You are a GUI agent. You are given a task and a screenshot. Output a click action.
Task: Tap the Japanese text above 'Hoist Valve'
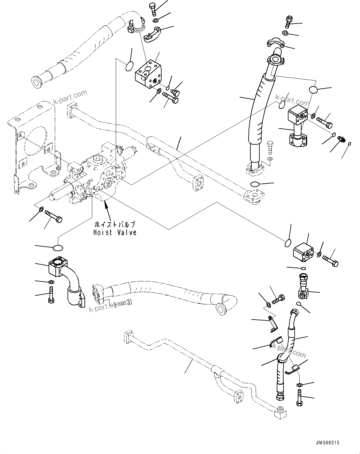click(x=115, y=225)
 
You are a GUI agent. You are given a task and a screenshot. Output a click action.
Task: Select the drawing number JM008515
click(x=328, y=443)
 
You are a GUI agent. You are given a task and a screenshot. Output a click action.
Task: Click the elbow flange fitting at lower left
click(x=67, y=279)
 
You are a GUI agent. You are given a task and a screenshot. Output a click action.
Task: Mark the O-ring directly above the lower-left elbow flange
click(x=58, y=248)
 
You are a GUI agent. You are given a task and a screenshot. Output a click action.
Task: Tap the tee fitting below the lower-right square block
click(x=303, y=288)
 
